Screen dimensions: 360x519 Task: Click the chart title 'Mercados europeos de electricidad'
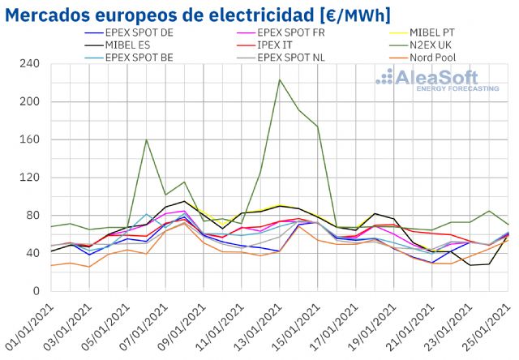pyautogui.click(x=163, y=15)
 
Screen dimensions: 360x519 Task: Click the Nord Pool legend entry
pyautogui.click(x=410, y=58)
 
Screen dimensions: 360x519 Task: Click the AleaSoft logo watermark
pyautogui.click(x=437, y=79)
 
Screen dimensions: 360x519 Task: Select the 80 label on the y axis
pyautogui.click(x=33, y=216)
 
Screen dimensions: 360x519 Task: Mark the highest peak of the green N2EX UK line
pyautogui.click(x=280, y=79)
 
